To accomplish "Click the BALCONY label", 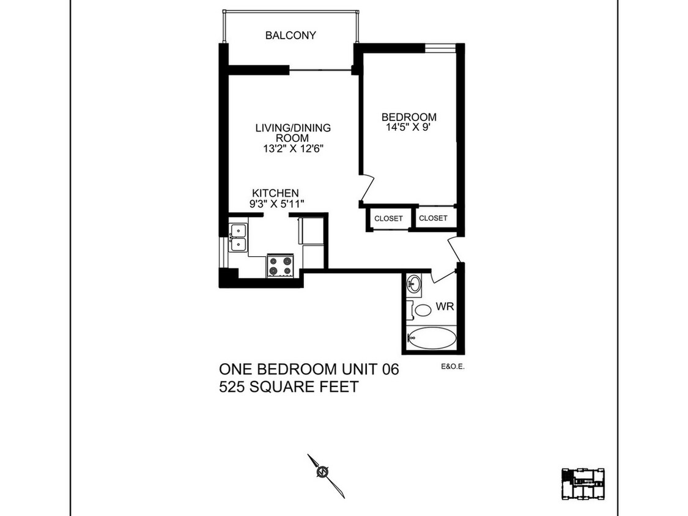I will click(290, 35).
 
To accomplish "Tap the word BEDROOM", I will click(409, 117).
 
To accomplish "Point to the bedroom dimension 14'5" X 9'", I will click(409, 128).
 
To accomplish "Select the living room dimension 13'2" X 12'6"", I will click(293, 149).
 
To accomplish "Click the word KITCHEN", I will click(275, 193).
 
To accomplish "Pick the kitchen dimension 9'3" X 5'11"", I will click(275, 204).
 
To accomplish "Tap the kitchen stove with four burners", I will click(281, 265).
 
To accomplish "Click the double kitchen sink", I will click(238, 238).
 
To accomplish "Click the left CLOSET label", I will click(389, 218).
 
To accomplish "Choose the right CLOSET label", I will click(433, 218).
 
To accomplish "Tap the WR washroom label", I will click(445, 306).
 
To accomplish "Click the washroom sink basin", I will click(414, 283).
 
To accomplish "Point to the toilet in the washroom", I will click(421, 309).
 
